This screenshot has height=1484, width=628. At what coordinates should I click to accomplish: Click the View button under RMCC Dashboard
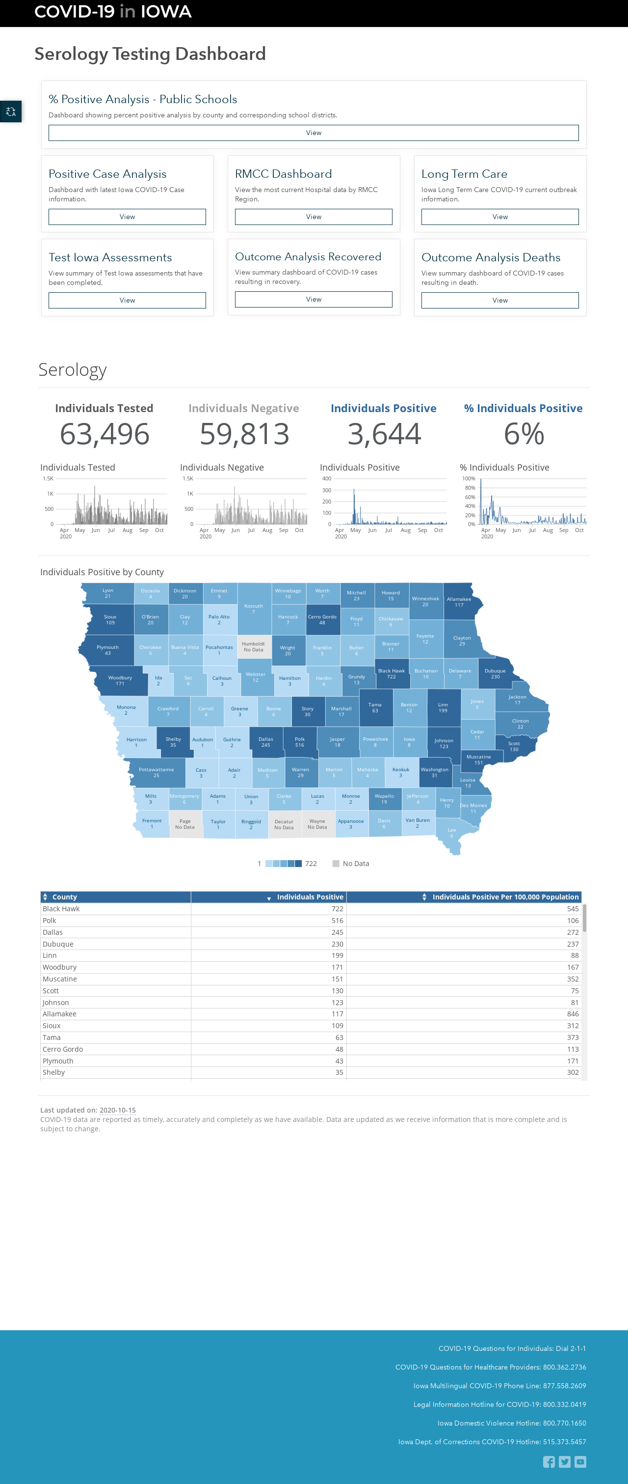pyautogui.click(x=313, y=217)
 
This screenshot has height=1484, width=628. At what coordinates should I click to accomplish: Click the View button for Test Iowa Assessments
pyautogui.click(x=127, y=300)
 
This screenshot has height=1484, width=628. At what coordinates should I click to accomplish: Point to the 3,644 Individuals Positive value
pyautogui.click(x=384, y=434)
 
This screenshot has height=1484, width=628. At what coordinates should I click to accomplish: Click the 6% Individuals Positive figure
pyautogui.click(x=524, y=434)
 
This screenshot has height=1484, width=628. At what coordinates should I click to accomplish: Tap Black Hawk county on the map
pyautogui.click(x=392, y=673)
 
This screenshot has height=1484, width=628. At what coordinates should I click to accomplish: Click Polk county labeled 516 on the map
pyautogui.click(x=300, y=742)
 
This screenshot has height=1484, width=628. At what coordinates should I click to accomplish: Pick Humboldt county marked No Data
pyautogui.click(x=253, y=647)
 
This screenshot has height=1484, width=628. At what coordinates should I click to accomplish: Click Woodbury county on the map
pyautogui.click(x=120, y=680)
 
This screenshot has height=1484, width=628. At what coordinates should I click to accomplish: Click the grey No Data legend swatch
pyautogui.click(x=336, y=864)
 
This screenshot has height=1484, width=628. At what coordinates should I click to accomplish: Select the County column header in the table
pyautogui.click(x=64, y=897)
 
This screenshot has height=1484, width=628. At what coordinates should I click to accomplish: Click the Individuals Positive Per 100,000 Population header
pyautogui.click(x=505, y=897)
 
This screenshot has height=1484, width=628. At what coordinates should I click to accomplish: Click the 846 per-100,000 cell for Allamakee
pyautogui.click(x=573, y=1014)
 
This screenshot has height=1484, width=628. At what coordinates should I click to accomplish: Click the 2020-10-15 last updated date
pyautogui.click(x=117, y=1110)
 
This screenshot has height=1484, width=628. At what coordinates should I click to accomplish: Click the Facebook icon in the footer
pyautogui.click(x=549, y=1461)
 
